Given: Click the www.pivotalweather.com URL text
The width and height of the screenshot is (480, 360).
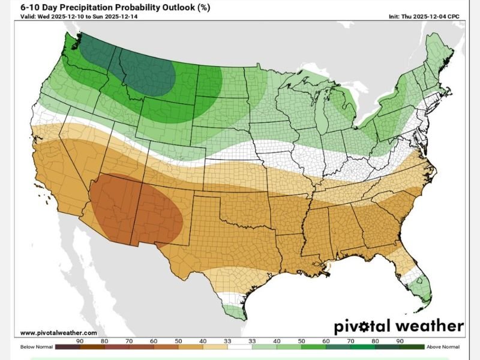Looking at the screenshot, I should [58, 332].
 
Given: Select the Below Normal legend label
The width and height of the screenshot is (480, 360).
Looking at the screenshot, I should [35, 347].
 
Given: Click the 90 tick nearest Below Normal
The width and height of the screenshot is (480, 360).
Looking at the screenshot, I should [79, 341].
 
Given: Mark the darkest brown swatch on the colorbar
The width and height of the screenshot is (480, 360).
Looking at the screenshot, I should [66, 347].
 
